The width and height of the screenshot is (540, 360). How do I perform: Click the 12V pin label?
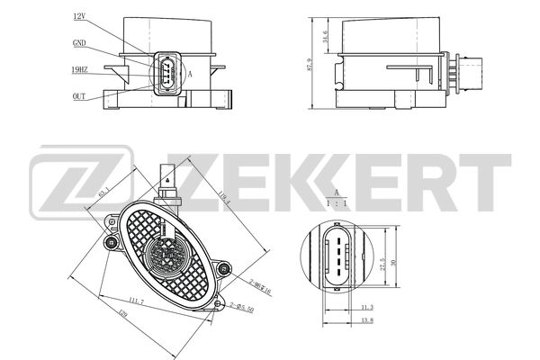tap(78, 17)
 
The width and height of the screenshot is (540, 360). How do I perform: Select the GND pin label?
tap(80, 43)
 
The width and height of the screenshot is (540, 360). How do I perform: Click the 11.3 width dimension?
tap(366, 307)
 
